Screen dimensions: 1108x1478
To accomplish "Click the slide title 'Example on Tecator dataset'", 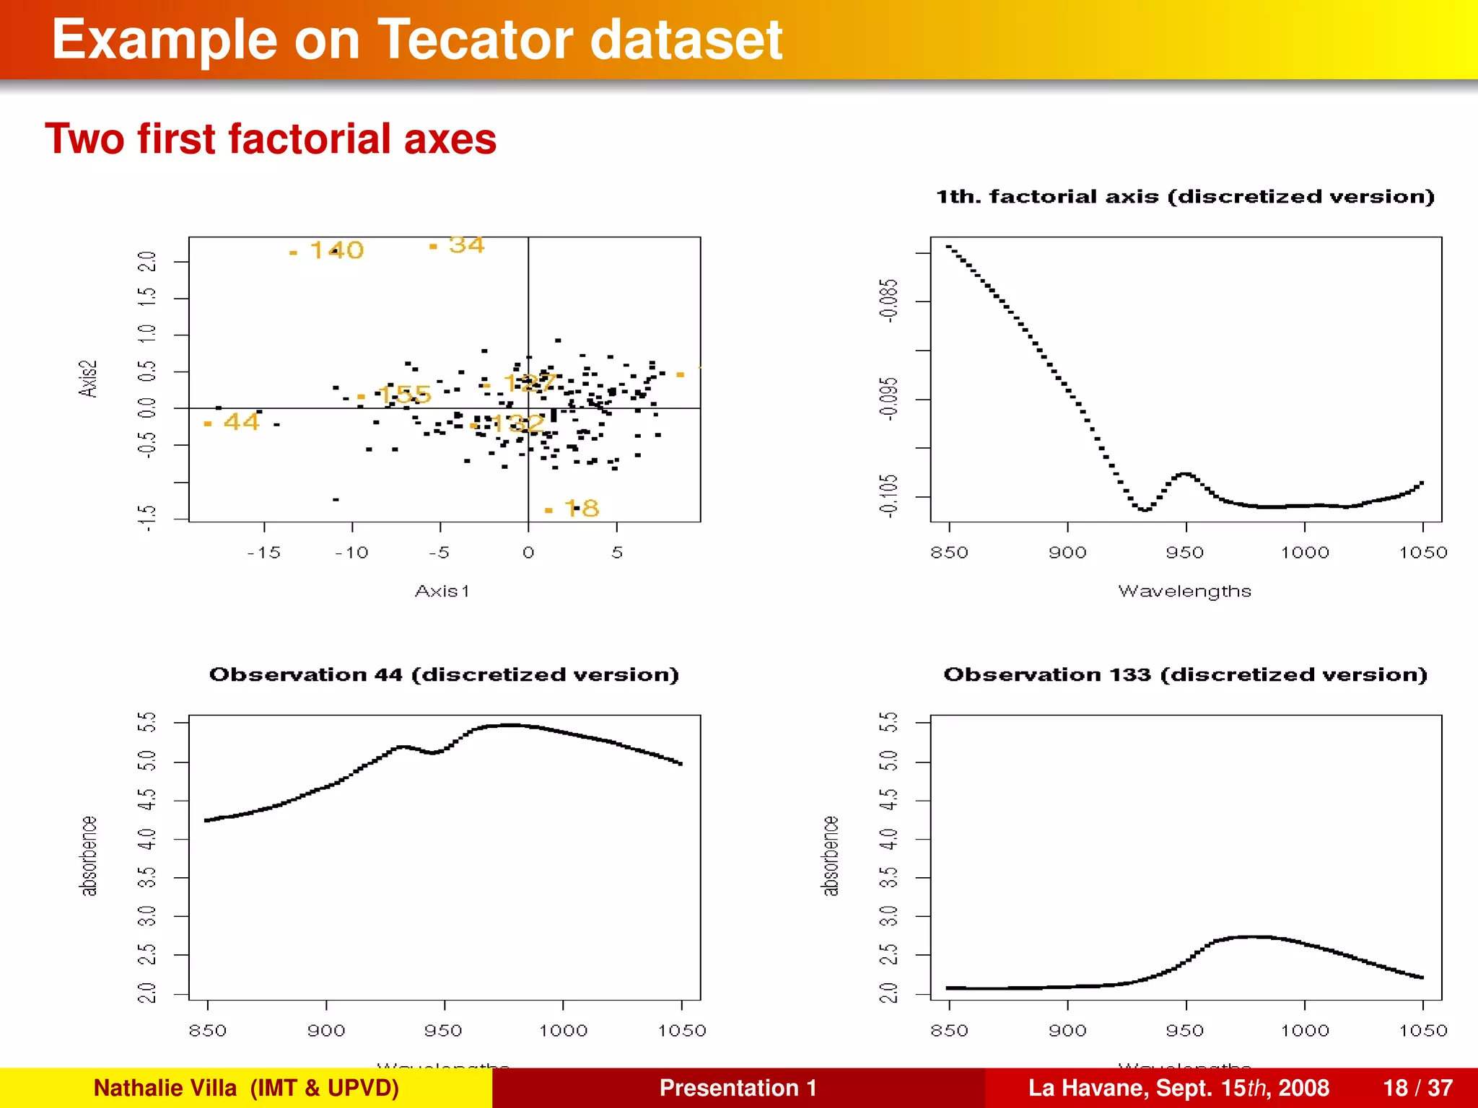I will tap(416, 40).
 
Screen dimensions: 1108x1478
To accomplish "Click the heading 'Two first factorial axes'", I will tap(271, 138).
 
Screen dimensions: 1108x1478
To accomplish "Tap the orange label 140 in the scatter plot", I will tap(336, 250).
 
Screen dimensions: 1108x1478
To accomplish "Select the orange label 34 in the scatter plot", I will tap(466, 245).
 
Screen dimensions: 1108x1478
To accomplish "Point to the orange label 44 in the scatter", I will tap(241, 421).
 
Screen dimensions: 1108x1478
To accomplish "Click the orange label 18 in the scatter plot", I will tap(582, 509).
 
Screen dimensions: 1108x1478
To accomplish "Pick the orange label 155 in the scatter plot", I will tap(404, 395).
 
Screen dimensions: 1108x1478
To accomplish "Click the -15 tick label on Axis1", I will tap(263, 553).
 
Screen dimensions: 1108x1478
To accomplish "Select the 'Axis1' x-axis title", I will tap(442, 591).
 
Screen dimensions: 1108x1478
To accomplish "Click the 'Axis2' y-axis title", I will tap(87, 379).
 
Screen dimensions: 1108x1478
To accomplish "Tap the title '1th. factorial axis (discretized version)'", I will tap(1185, 197).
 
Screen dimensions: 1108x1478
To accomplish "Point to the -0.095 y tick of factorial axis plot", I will tap(889, 398).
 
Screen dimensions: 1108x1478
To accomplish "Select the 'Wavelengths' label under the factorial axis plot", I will tap(1184, 591).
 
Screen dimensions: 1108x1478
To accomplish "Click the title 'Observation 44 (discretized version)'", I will tap(444, 674).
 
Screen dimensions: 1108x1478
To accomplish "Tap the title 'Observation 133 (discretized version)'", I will tap(1185, 674).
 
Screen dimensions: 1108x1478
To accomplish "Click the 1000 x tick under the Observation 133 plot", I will tap(1304, 1031).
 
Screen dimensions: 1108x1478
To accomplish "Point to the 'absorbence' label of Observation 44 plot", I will tap(88, 856).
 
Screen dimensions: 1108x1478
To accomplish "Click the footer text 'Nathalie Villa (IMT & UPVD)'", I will tap(246, 1088).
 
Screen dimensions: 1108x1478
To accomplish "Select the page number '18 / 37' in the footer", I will tap(1417, 1088).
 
